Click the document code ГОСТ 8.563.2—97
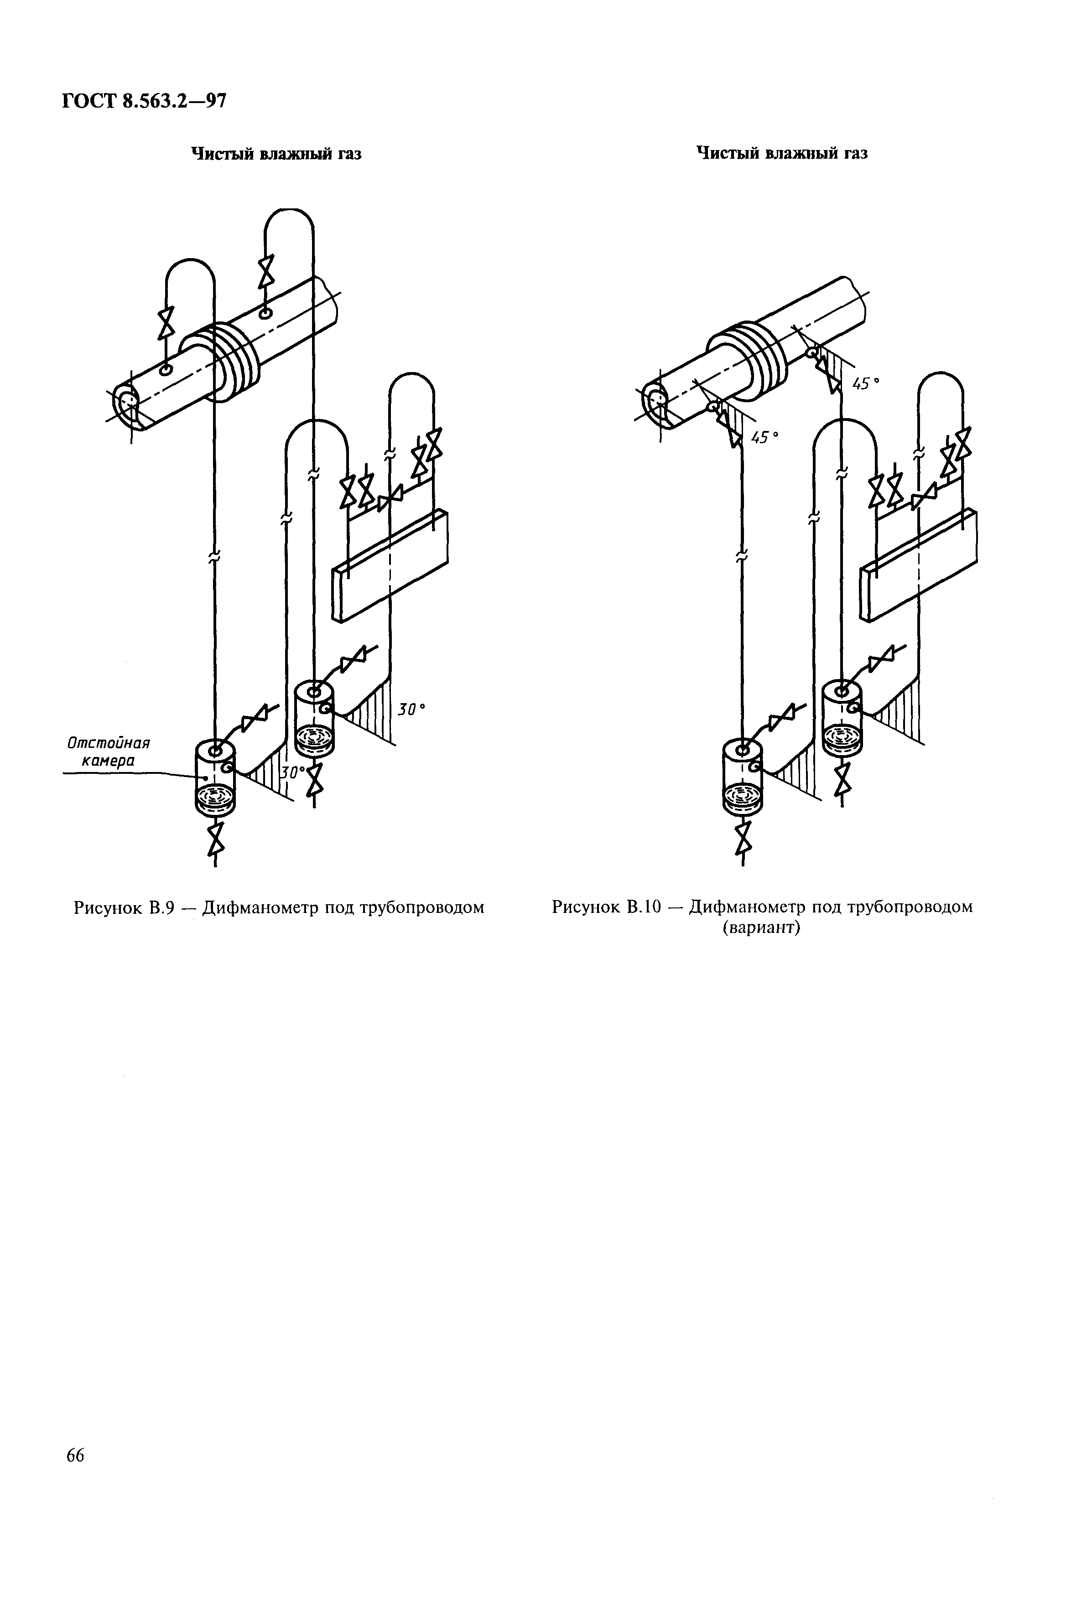tap(143, 101)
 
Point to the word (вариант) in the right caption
tap(761, 928)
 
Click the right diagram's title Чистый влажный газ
tap(782, 153)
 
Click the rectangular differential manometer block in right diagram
tap(919, 565)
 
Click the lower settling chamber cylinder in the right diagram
tap(743, 777)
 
